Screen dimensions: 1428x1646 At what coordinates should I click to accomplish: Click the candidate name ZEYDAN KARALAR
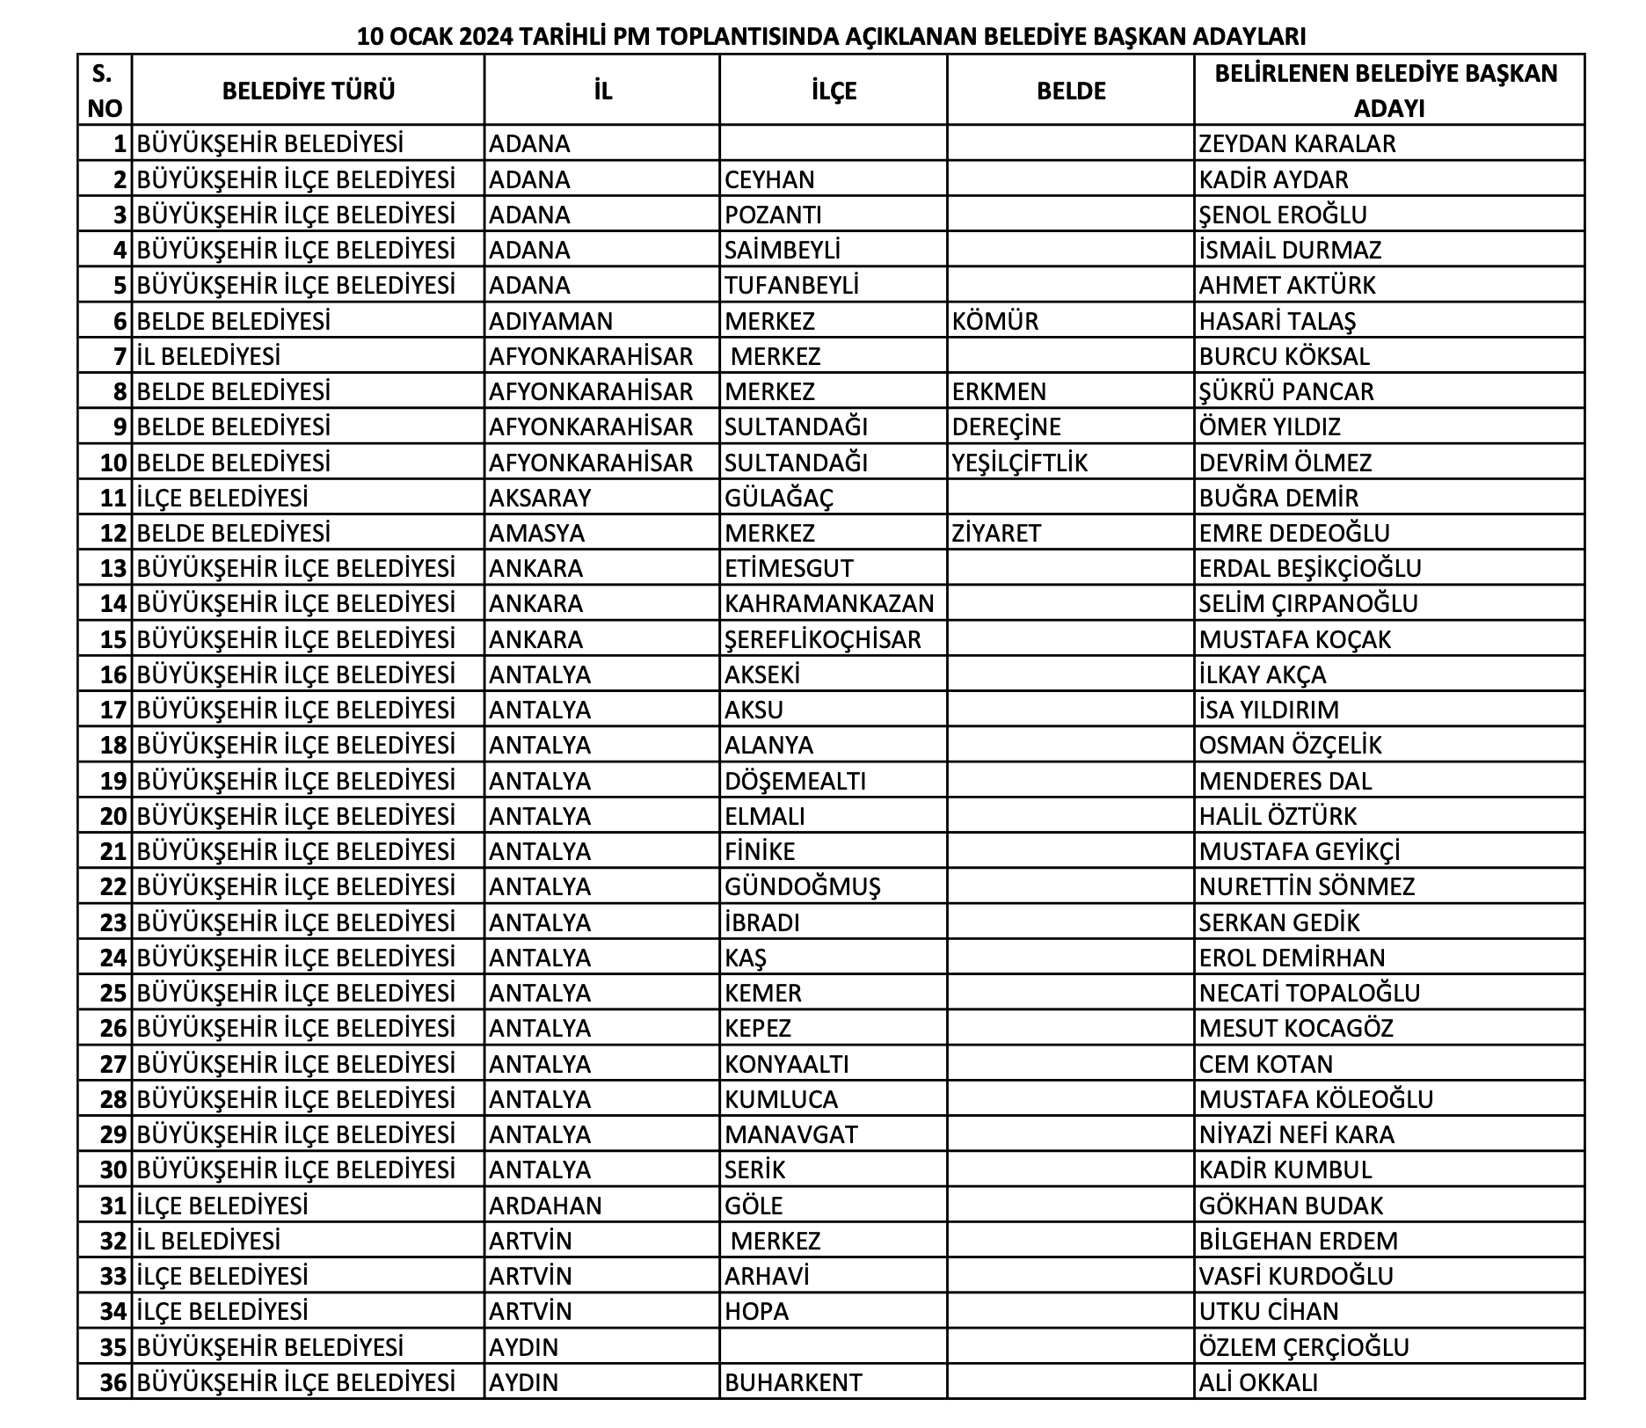[x=1297, y=143]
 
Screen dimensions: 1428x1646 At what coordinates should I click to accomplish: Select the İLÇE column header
[x=834, y=91]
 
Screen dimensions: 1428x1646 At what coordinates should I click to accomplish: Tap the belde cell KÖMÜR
[x=995, y=321]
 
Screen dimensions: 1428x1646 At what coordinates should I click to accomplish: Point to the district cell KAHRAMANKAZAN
[x=829, y=604]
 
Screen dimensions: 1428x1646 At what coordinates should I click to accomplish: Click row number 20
[x=114, y=817]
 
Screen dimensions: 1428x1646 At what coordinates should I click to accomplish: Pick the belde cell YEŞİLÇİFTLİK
[x=1020, y=463]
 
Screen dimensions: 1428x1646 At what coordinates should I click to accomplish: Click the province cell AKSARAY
[x=540, y=498]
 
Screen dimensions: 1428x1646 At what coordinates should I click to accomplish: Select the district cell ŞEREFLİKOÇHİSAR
[x=823, y=639]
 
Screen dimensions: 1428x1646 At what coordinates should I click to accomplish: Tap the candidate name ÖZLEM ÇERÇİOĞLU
[x=1304, y=1347]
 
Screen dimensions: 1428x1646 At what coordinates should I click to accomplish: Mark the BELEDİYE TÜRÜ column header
[x=309, y=91]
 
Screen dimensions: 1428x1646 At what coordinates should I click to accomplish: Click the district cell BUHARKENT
[x=793, y=1382]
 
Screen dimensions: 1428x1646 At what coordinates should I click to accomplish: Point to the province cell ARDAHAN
[x=545, y=1206]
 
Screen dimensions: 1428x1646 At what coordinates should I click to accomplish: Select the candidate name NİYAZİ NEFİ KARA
[x=1297, y=1134]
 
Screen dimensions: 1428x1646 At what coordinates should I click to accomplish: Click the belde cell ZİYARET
[x=996, y=533]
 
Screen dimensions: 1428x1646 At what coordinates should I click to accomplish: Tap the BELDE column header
[x=1071, y=91]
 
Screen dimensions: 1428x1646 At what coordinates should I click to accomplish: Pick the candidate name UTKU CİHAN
[x=1269, y=1311]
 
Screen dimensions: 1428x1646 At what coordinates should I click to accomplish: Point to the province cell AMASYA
[x=536, y=533]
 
